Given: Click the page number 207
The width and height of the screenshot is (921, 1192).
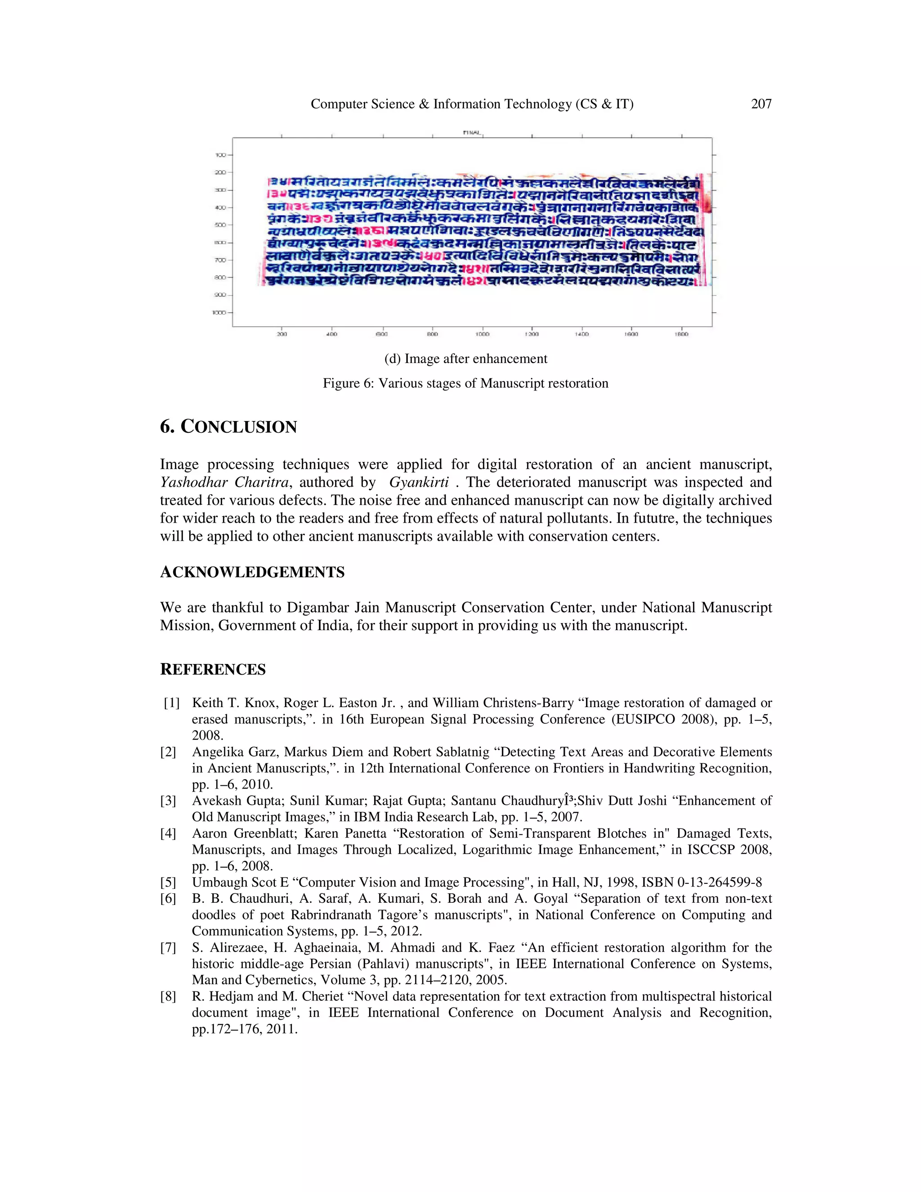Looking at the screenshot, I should tap(761, 104).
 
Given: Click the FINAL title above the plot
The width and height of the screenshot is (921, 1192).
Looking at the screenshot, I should tap(472, 133).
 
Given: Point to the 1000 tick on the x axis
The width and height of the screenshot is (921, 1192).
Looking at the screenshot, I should tap(482, 334).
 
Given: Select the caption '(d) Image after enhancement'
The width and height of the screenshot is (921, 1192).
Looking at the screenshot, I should tap(465, 358).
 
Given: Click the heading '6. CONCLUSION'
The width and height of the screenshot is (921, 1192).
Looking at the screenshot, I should tap(228, 427).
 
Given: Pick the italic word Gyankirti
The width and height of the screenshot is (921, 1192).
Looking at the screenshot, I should tap(419, 483).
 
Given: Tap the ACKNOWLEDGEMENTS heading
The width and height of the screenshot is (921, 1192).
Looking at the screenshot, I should tap(252, 573).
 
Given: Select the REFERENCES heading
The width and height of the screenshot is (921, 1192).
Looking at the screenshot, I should tap(213, 670).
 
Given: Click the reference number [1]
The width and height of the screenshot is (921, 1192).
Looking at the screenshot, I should tap(171, 703).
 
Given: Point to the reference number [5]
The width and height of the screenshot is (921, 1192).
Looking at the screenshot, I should tap(168, 883).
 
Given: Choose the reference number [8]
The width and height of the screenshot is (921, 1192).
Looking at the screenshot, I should tap(168, 997).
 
